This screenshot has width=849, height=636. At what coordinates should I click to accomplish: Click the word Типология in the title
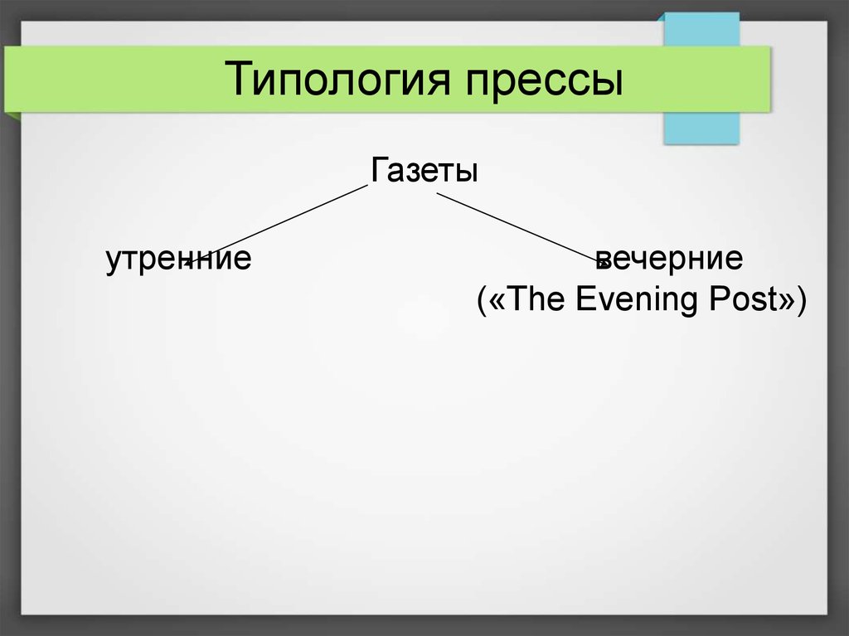tap(337, 80)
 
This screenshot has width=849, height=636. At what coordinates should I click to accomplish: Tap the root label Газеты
tap(424, 169)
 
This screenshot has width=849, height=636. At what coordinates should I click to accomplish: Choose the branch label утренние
tap(178, 260)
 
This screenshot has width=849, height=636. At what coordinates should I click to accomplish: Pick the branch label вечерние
tap(669, 259)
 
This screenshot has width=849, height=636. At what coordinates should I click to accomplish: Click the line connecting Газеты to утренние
tap(276, 225)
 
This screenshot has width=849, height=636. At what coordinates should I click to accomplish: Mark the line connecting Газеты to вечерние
tap(522, 229)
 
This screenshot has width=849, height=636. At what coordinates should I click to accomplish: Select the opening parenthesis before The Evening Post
tap(482, 299)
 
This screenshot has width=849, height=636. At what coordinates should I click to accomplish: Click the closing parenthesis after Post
tap(802, 299)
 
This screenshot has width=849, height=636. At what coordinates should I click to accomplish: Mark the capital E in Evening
tap(585, 299)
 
